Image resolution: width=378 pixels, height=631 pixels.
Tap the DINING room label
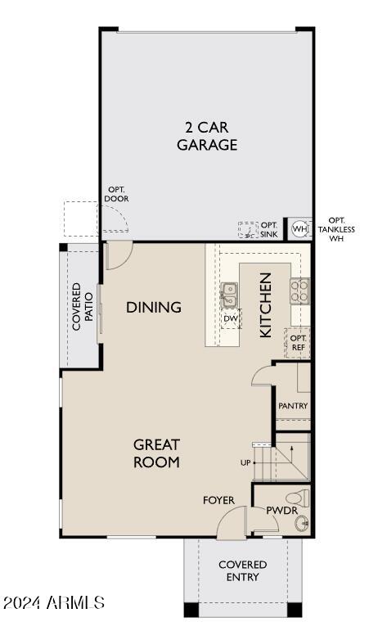153,308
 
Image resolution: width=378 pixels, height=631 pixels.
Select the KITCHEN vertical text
265,305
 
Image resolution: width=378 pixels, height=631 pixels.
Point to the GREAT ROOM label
156,453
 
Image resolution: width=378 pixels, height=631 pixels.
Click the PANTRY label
292,406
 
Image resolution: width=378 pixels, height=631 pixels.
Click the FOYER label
219,500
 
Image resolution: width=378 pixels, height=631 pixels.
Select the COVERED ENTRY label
243,570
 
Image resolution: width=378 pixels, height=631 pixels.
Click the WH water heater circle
299,229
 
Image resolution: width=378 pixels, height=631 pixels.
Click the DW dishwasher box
231,318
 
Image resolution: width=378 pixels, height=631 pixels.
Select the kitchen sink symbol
230,290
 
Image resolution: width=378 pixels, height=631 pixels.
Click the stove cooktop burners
300,290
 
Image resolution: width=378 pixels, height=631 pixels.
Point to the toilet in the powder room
296,496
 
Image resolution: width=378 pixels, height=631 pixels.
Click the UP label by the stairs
245,463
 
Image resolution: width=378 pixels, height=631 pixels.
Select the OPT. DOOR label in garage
117,194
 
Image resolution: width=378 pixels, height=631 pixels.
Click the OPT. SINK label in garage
268,230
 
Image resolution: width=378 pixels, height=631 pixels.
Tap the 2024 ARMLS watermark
53,603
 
